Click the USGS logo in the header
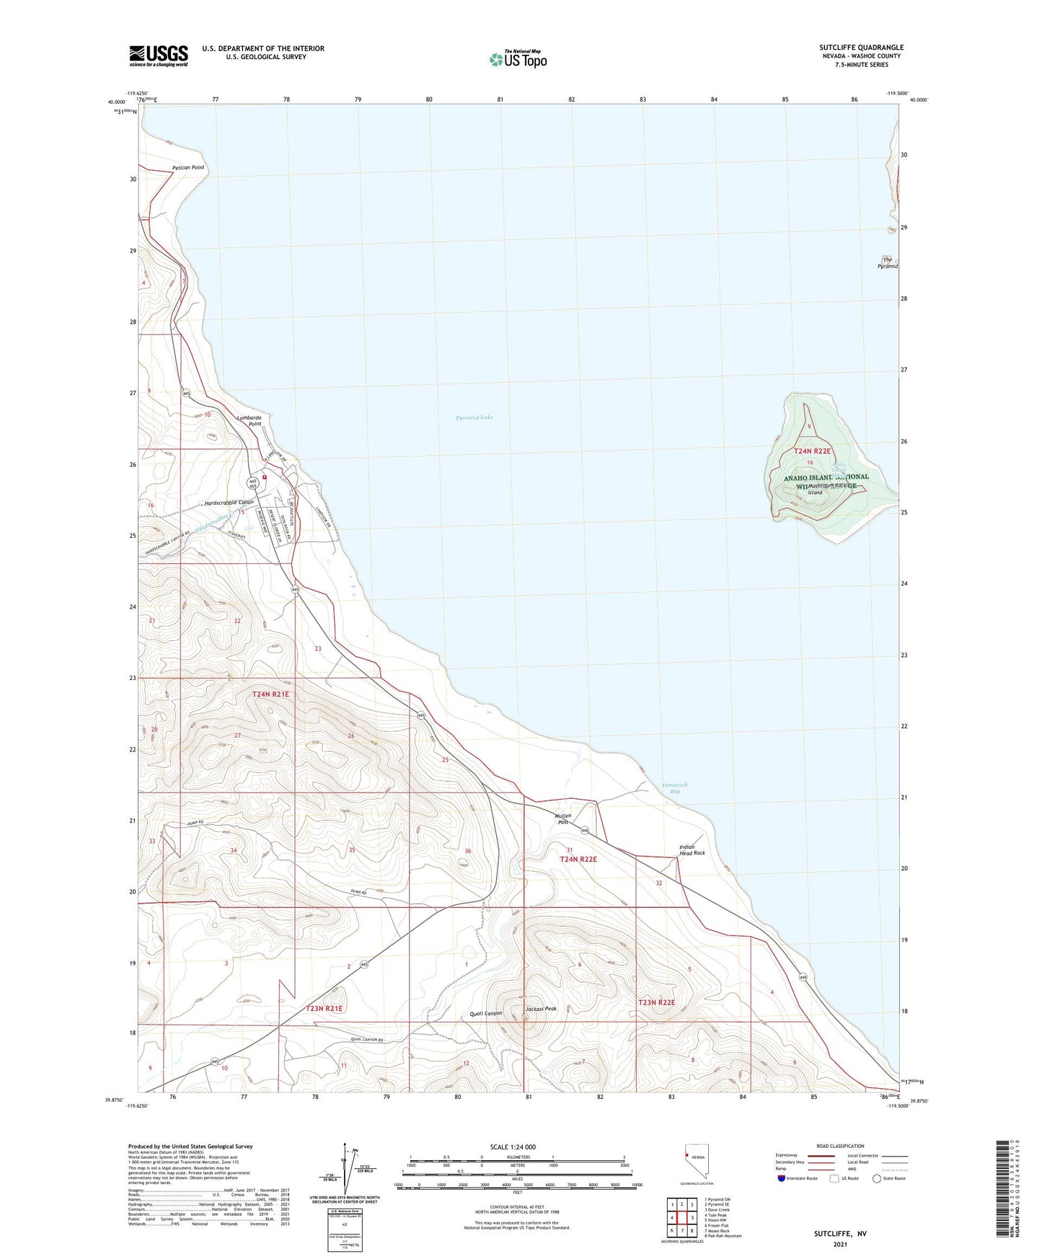[159, 56]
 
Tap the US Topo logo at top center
[518, 59]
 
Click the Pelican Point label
[188, 167]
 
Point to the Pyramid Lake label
[474, 418]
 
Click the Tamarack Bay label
[674, 788]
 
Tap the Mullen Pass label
[562, 818]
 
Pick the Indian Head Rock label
[692, 850]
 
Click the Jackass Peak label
[541, 1009]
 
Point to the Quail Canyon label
[485, 1013]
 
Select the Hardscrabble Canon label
[229, 503]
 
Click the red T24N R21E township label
[270, 694]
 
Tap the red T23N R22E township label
[656, 1002]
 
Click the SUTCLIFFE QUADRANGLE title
[861, 48]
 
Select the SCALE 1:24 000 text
[513, 1147]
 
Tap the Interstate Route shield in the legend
[782, 1178]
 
